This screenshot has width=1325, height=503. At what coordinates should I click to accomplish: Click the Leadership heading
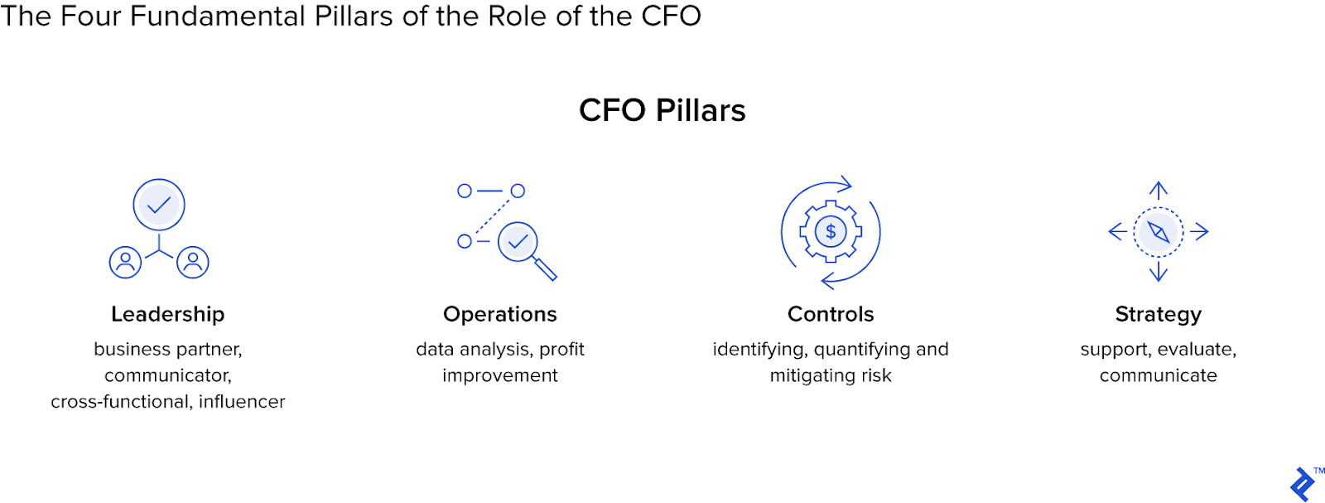pyautogui.click(x=167, y=314)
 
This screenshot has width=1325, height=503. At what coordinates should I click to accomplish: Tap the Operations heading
pyautogui.click(x=499, y=314)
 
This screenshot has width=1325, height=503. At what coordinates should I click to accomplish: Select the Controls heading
pyautogui.click(x=831, y=314)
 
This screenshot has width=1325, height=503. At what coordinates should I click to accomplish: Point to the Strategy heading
pyautogui.click(x=1158, y=314)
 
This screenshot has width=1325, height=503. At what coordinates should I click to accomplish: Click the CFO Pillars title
pyautogui.click(x=662, y=110)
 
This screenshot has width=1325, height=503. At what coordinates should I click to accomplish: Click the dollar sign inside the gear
pyautogui.click(x=831, y=232)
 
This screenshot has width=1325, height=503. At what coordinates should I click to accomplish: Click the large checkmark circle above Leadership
pyautogui.click(x=159, y=205)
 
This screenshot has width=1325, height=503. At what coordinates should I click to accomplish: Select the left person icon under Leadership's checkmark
pyautogui.click(x=126, y=262)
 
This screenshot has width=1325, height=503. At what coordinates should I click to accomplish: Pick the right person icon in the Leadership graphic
pyautogui.click(x=193, y=262)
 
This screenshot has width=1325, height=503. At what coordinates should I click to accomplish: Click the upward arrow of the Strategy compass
pyautogui.click(x=1159, y=190)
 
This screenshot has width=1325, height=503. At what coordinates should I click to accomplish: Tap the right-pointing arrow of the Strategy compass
pyautogui.click(x=1200, y=231)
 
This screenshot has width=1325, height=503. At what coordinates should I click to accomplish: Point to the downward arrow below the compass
pyautogui.click(x=1159, y=272)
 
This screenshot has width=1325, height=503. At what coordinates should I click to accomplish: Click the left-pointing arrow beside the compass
pyautogui.click(x=1117, y=231)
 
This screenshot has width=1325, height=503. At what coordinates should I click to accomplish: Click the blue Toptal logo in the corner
pyautogui.click(x=1302, y=485)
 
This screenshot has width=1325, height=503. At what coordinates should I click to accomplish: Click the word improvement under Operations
pyautogui.click(x=499, y=375)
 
